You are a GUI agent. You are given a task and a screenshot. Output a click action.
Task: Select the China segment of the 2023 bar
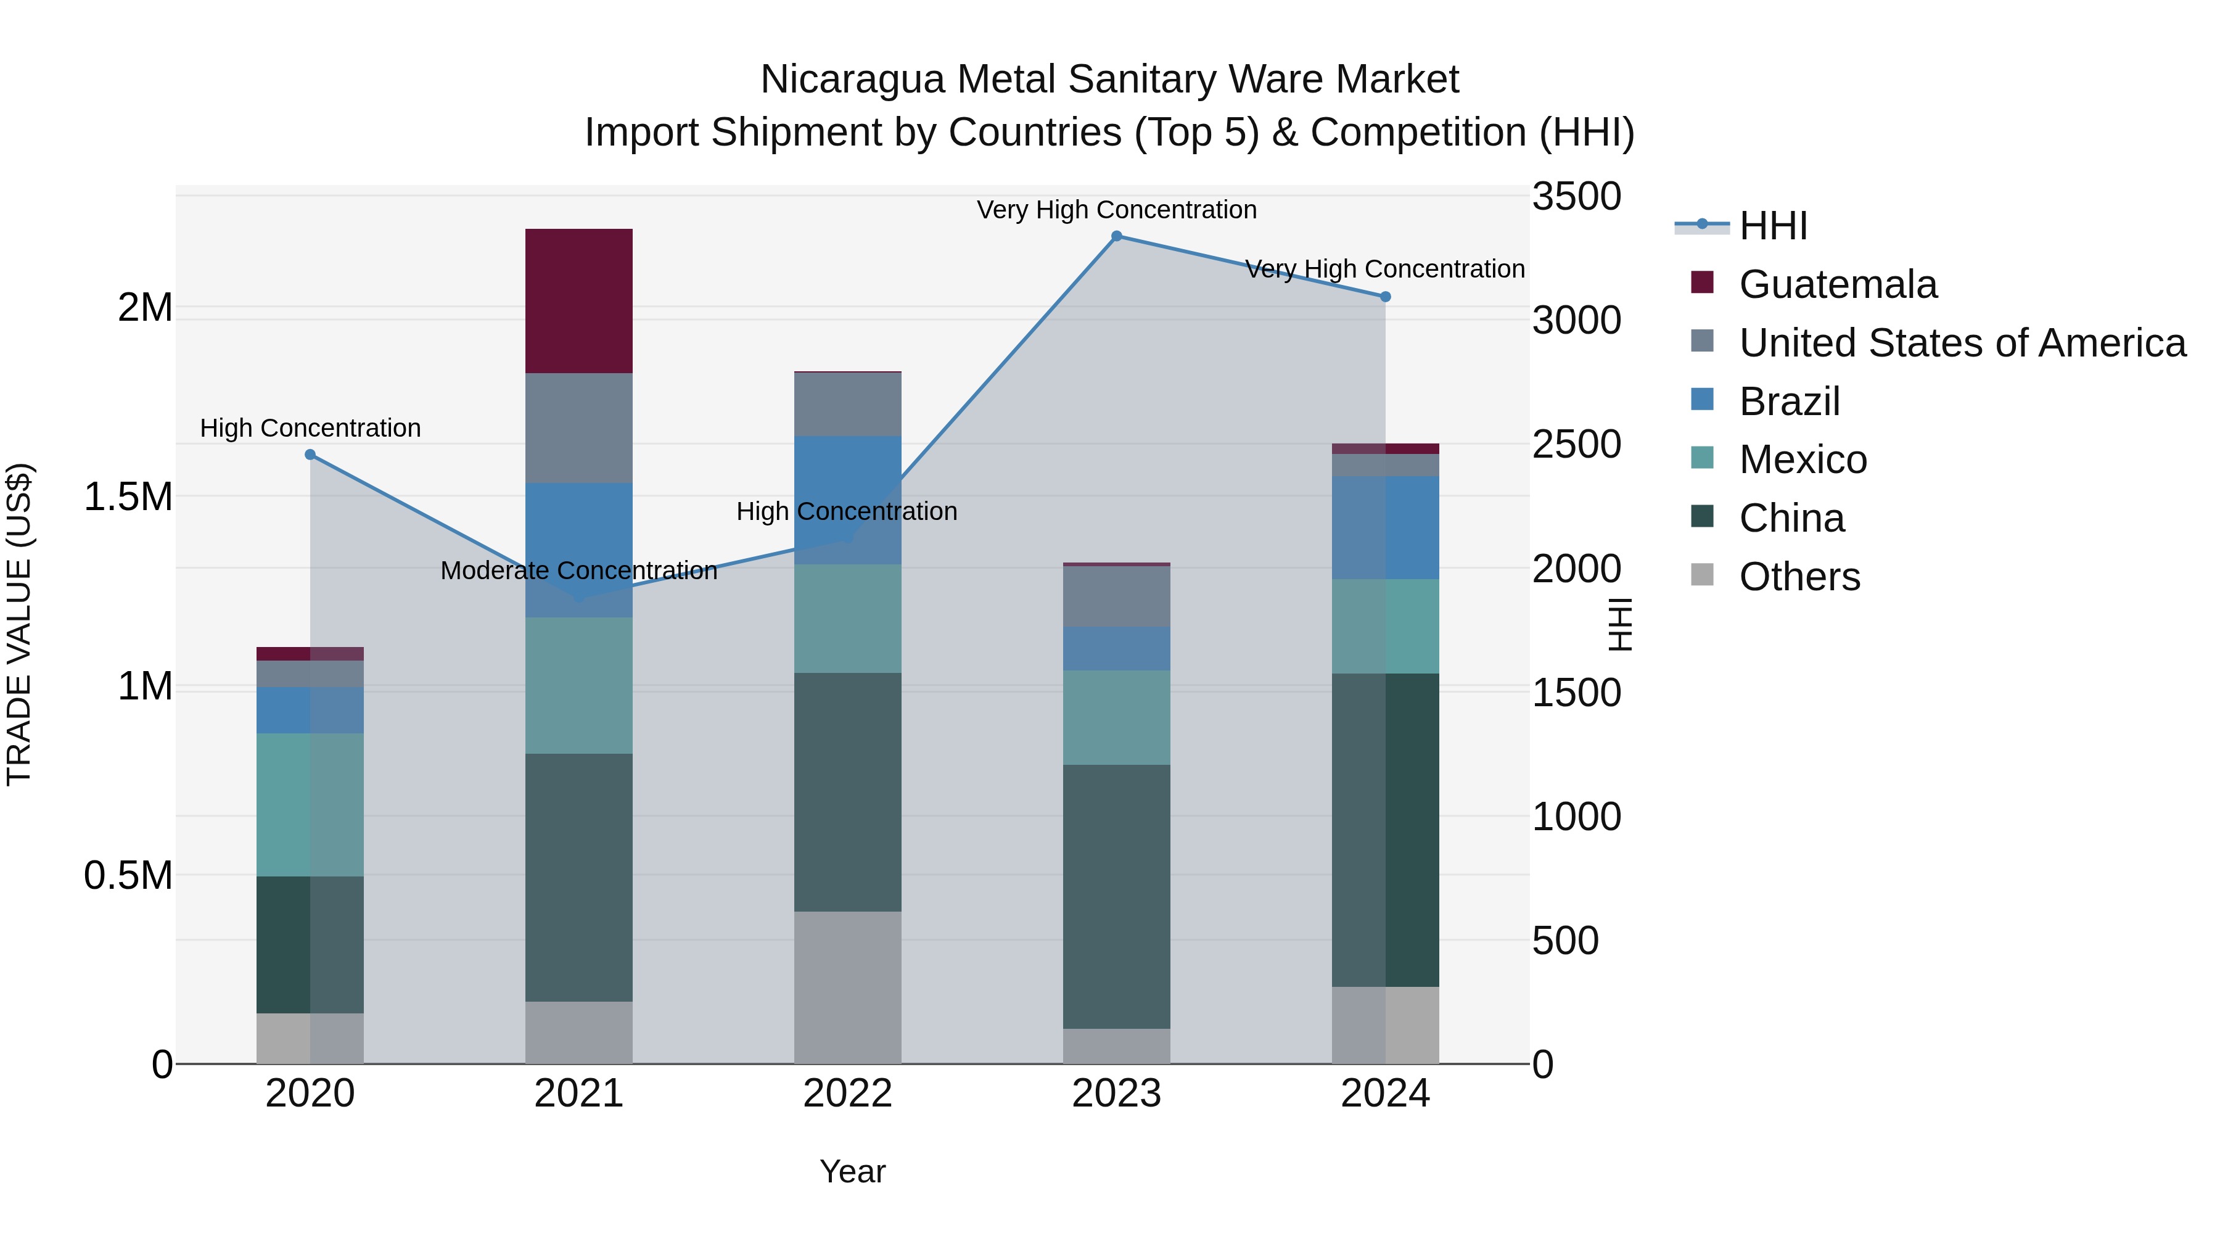click(x=1116, y=896)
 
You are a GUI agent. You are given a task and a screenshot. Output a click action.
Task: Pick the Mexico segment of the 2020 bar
click(x=310, y=804)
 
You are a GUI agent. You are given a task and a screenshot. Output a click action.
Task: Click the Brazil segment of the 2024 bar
click(x=1385, y=527)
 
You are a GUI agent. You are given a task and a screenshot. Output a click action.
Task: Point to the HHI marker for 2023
click(x=1116, y=236)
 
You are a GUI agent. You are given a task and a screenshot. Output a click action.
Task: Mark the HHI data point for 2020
click(x=310, y=454)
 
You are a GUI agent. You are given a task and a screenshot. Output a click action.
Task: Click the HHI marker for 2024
click(x=1385, y=297)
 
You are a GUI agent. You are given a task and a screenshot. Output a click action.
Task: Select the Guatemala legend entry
click(x=1838, y=284)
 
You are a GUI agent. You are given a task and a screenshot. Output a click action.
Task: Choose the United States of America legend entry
click(x=1962, y=343)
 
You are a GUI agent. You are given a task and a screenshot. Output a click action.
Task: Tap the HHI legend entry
click(x=1773, y=226)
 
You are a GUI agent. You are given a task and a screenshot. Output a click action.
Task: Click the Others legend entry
click(x=1799, y=577)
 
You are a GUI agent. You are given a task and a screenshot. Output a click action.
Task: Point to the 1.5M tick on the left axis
click(x=128, y=497)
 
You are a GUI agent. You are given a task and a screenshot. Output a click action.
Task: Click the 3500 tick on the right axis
click(x=1576, y=197)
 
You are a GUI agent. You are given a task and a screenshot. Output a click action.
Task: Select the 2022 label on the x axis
click(x=847, y=1094)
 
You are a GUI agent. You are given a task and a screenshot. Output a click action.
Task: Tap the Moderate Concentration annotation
click(x=578, y=571)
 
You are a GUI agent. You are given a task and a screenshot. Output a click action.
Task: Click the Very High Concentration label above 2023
click(x=1116, y=210)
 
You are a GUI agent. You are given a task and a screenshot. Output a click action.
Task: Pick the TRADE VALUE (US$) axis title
click(x=19, y=624)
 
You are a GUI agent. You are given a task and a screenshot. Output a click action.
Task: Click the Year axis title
click(x=852, y=1171)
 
